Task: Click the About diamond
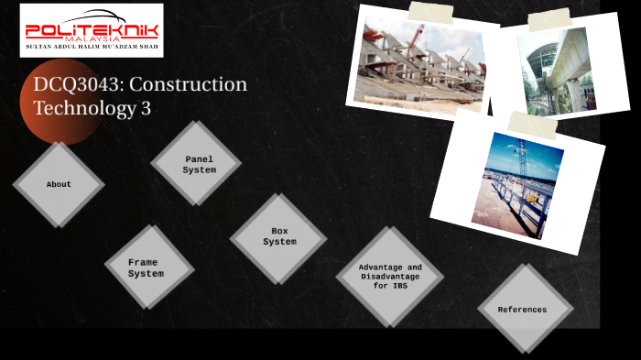[59, 184]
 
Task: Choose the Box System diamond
[279, 237]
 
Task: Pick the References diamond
[523, 309]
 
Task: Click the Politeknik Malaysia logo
[91, 29]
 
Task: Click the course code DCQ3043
[77, 84]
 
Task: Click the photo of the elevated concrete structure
[560, 70]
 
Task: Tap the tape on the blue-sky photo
[531, 124]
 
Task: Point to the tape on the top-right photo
[549, 18]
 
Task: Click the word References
[523, 310]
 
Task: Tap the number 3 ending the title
[146, 107]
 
